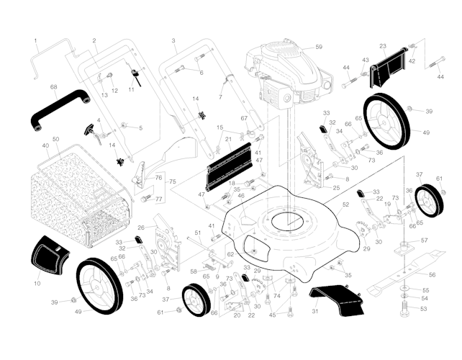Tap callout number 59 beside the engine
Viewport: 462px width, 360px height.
(319, 47)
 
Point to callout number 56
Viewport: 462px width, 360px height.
(432, 275)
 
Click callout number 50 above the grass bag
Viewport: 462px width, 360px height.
(55, 138)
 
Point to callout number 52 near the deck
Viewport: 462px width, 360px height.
(346, 206)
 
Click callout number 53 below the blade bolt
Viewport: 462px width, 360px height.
(423, 308)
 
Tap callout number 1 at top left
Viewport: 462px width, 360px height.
(35, 40)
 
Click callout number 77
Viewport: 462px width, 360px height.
(160, 199)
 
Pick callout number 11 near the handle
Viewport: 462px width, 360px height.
(131, 90)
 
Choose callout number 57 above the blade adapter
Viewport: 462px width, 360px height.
(425, 240)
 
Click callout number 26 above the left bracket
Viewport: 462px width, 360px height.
(141, 228)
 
